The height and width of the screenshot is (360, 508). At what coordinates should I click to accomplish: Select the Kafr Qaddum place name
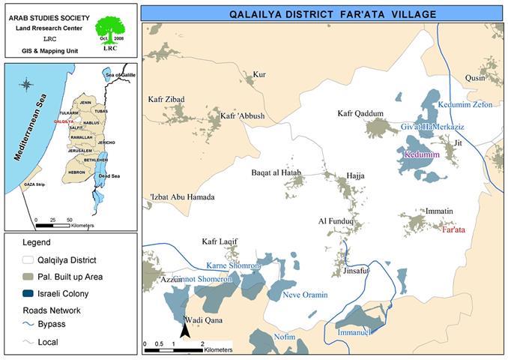(x=360, y=114)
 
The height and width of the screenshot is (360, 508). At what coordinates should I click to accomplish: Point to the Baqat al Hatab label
(x=276, y=173)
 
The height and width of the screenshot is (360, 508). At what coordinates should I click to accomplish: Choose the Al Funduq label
(x=336, y=221)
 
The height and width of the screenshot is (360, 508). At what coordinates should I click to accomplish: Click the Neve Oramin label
(x=305, y=295)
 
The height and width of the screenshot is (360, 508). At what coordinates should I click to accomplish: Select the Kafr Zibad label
(x=166, y=99)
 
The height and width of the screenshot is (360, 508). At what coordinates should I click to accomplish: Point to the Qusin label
(x=476, y=78)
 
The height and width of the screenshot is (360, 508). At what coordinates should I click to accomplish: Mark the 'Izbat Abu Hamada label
(x=182, y=197)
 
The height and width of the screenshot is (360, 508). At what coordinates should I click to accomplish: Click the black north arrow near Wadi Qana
(x=184, y=329)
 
